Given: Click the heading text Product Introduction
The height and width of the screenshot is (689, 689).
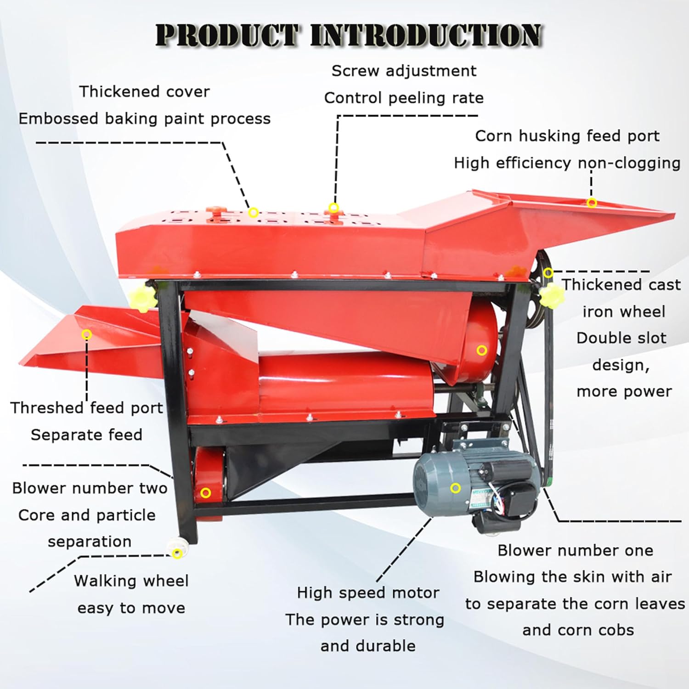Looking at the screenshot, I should coord(349,35).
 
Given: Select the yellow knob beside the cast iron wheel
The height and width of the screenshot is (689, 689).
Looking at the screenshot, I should coord(550,295).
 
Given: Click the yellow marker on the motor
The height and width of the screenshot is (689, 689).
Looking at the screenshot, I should coord(455,488).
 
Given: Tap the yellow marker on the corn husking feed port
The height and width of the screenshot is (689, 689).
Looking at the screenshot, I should coord(592,203).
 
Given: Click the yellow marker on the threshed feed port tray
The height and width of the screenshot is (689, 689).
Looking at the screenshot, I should coord(86,334).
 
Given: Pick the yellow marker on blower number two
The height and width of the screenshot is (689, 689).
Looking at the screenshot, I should coord(206,493).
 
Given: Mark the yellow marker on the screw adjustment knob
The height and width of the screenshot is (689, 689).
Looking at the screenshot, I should coord(334,208).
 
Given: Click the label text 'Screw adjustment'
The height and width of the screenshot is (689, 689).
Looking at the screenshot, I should coord(404,71).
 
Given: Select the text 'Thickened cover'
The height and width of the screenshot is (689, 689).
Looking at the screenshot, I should coord(144,92).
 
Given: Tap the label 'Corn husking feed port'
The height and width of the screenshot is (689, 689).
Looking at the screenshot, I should coord(567,136).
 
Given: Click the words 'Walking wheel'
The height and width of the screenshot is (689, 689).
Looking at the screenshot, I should coord(131,581).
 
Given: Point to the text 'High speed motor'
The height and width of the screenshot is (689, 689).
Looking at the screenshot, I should coord(368,593).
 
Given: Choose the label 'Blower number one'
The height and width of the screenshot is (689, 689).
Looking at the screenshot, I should coord(575,550).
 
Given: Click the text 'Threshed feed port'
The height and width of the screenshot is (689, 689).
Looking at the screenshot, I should coord(86,408).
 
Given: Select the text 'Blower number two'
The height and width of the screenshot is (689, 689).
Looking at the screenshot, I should coord(90,488).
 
